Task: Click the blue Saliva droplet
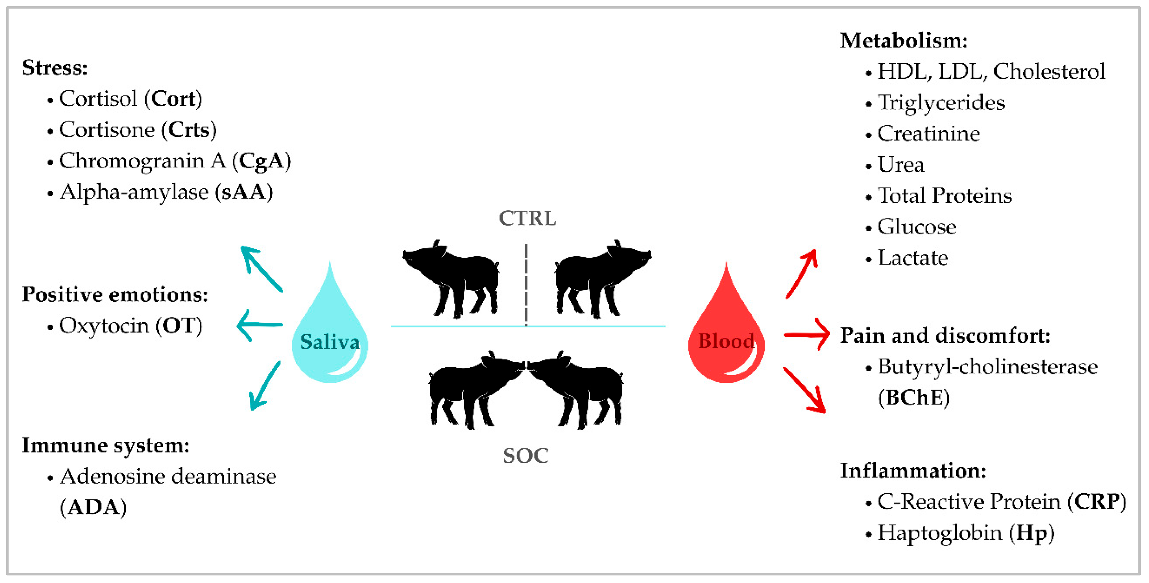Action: [330, 330]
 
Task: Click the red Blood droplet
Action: [726, 330]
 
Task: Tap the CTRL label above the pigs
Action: [527, 218]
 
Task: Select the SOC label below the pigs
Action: [526, 456]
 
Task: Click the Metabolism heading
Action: [904, 41]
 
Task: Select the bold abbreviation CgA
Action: [261, 161]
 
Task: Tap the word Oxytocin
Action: [104, 325]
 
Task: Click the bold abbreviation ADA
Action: [93, 507]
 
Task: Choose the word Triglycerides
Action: [941, 102]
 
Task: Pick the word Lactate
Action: [913, 258]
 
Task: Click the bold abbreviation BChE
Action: [914, 397]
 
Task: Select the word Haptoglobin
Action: [940, 532]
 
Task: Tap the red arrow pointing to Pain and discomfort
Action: [806, 334]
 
